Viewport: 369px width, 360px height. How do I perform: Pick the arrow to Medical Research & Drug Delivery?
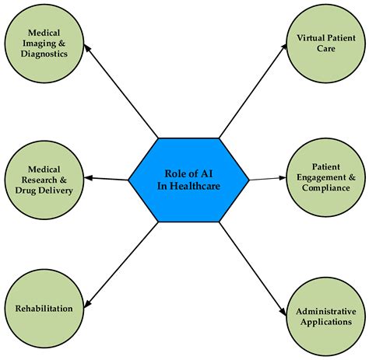tap(106, 179)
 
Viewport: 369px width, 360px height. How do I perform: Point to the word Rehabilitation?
tap(44, 309)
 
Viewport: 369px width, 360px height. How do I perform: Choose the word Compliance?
tap(328, 188)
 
